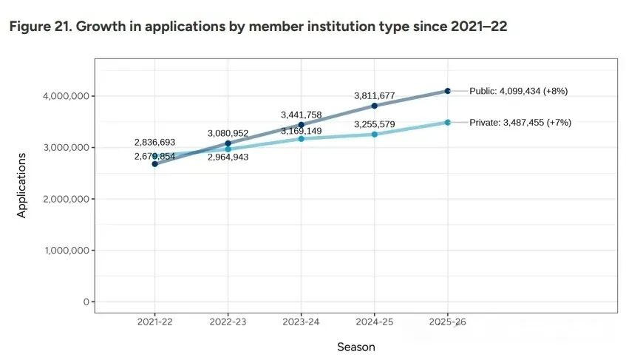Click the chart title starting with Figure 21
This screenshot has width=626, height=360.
click(258, 27)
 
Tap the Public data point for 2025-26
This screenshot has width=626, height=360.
click(448, 91)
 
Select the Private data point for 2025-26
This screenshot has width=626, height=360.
click(448, 122)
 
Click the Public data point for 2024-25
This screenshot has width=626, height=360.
click(375, 106)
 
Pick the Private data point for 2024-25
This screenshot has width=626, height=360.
click(375, 135)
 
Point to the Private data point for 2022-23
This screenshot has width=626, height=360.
click(228, 149)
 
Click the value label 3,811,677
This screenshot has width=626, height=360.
click(375, 95)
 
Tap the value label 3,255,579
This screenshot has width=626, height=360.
click(375, 124)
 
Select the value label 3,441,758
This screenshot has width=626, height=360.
click(302, 115)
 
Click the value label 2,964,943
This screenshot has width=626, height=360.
click(228, 158)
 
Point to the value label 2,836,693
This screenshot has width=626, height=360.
click(154, 142)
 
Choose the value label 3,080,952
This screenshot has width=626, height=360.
click(228, 133)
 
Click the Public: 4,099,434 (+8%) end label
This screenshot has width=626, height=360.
click(519, 91)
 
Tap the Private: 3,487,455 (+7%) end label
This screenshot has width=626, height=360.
click(520, 122)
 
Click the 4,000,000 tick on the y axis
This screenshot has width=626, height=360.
click(66, 96)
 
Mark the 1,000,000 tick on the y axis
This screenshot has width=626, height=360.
click(66, 251)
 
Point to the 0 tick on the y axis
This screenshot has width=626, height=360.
click(86, 302)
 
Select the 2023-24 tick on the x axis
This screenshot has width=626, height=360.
click(302, 322)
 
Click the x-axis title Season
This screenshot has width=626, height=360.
click(356, 347)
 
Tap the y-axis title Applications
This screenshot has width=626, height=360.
click(22, 185)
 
